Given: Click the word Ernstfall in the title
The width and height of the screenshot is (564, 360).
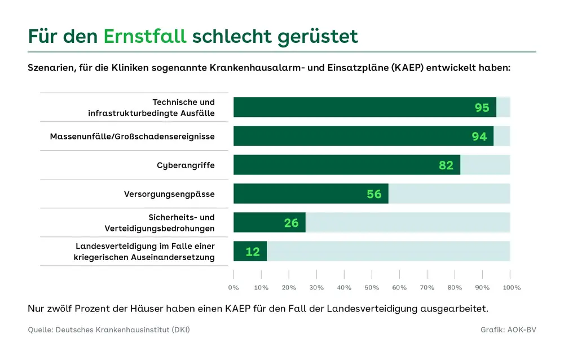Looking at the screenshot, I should (x=144, y=36).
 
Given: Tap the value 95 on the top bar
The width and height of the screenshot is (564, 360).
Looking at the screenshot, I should (x=482, y=107).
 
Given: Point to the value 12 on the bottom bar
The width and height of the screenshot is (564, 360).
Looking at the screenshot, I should (x=253, y=252).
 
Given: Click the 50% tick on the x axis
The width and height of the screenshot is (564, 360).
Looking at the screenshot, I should (x=372, y=287).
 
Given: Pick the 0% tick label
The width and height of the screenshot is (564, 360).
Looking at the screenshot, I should (x=233, y=287).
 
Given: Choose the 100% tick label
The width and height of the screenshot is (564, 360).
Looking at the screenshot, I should (x=511, y=287).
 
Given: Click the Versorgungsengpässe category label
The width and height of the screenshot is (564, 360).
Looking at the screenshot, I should (x=169, y=194).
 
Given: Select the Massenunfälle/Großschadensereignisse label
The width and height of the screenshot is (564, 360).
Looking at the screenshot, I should (x=132, y=137).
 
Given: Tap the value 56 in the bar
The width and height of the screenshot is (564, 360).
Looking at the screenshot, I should (x=374, y=194).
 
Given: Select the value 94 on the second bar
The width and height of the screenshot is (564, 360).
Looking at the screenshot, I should (x=479, y=137).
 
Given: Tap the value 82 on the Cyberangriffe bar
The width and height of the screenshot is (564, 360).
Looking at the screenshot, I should (x=446, y=165).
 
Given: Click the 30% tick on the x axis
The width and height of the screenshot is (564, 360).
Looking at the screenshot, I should (x=316, y=287).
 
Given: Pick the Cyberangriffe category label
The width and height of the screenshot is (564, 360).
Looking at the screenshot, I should (x=186, y=165).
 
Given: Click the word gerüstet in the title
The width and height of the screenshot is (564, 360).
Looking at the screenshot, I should (x=318, y=36).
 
